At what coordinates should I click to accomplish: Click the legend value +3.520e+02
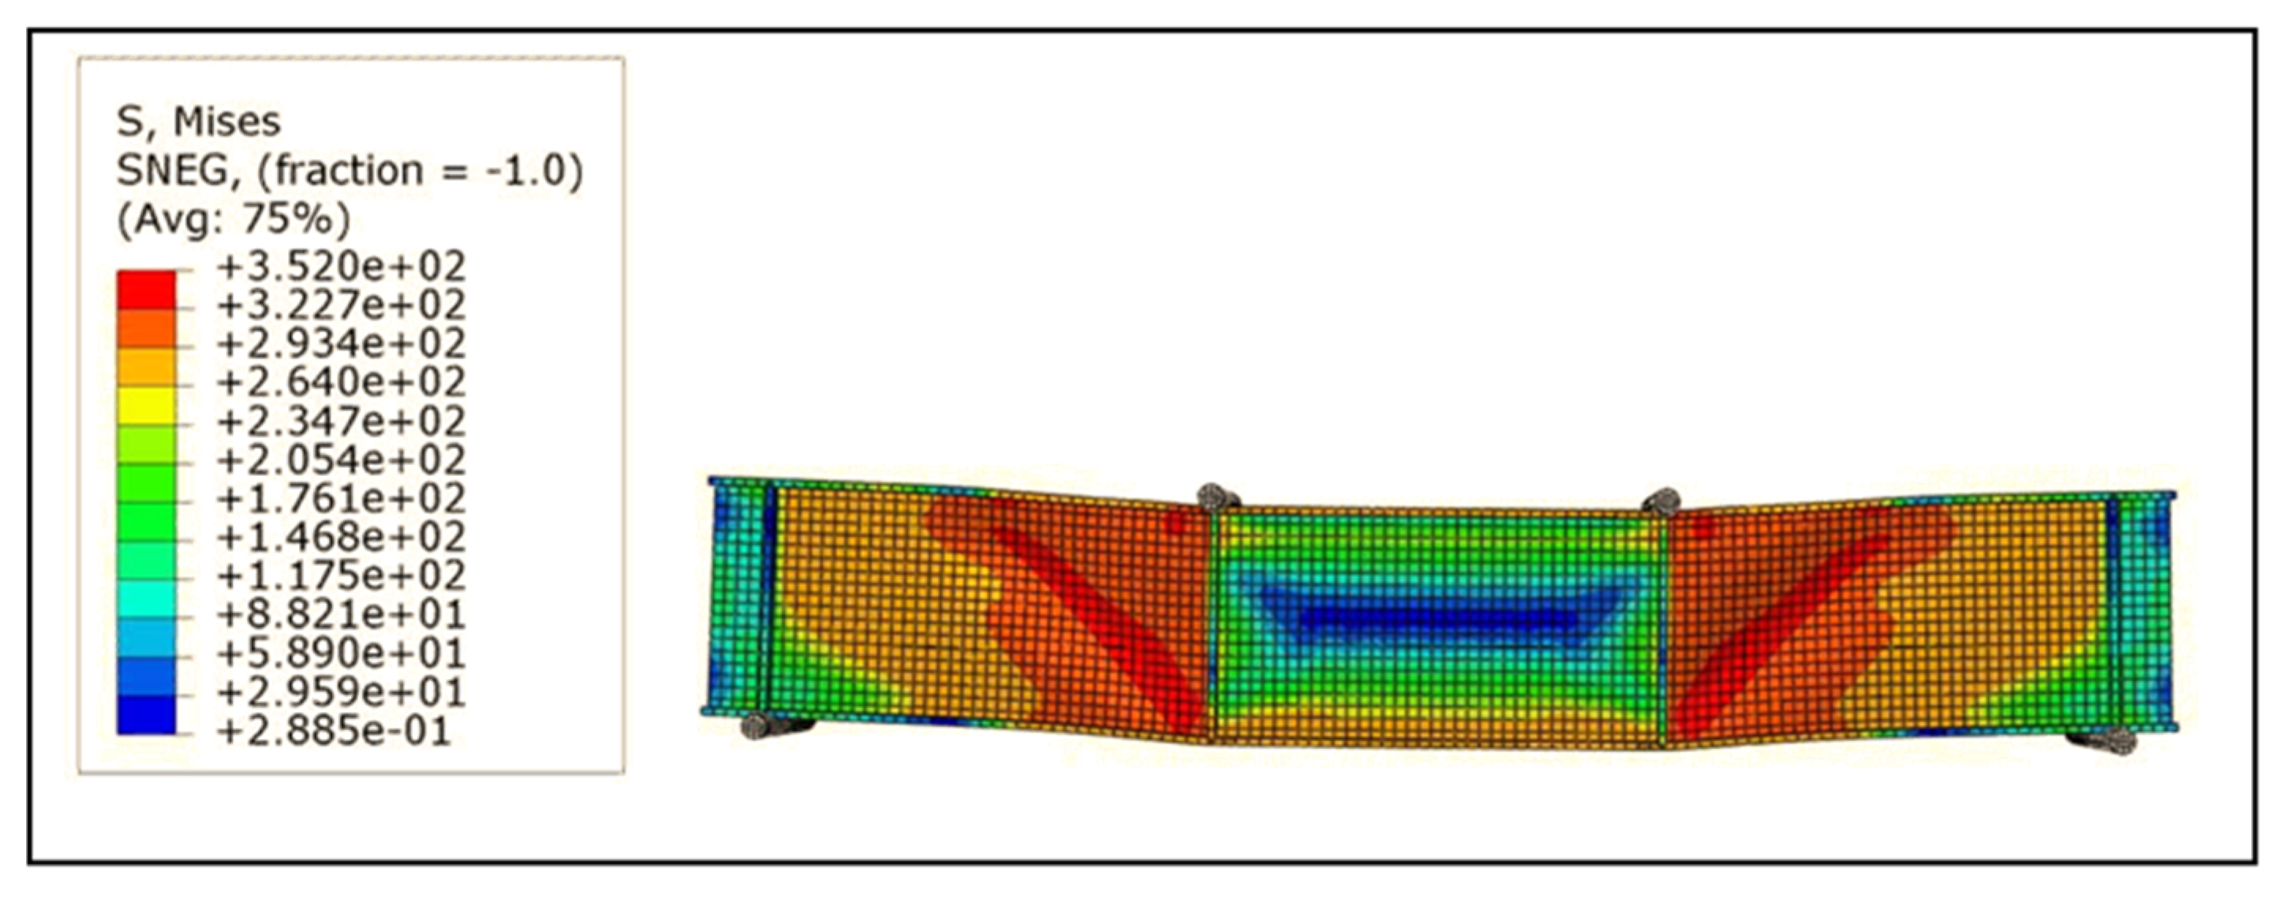pos(341,266)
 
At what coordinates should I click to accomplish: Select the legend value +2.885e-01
pos(334,731)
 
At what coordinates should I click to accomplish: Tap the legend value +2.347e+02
pos(341,421)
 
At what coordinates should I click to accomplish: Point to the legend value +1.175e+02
pos(341,575)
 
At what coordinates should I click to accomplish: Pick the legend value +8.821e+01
pos(341,614)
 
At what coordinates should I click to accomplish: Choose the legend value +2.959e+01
pos(341,692)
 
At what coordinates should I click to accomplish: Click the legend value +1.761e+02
pos(341,499)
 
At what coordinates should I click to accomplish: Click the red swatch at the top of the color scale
pos(146,289)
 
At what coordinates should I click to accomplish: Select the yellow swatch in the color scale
pos(146,406)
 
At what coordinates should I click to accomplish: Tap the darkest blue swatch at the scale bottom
pos(146,715)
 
